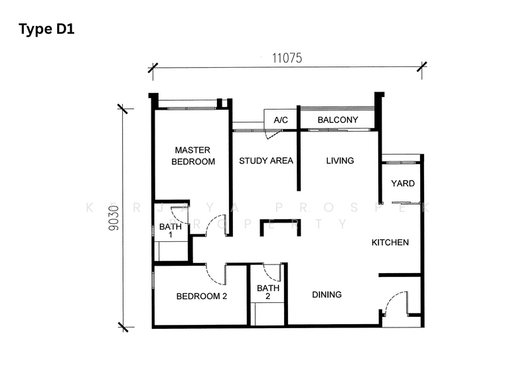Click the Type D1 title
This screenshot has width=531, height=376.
click(x=46, y=29)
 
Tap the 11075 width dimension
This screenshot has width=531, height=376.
click(x=287, y=58)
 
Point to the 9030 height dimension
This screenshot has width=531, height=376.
click(x=114, y=218)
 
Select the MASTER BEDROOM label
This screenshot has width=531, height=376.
click(x=193, y=155)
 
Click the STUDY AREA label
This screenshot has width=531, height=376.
click(x=266, y=161)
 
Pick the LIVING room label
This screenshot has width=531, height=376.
click(x=340, y=161)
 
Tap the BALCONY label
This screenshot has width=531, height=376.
click(x=338, y=120)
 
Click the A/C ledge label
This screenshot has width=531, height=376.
click(x=281, y=120)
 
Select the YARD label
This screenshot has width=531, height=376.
click(x=403, y=183)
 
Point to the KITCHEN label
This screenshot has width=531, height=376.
click(x=390, y=242)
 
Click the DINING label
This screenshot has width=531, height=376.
click(x=327, y=295)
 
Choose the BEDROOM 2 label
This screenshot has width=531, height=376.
click(x=202, y=296)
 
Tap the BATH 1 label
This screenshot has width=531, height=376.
click(x=171, y=231)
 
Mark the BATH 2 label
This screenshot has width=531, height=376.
click(x=268, y=292)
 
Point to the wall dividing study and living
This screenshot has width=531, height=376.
click(x=298, y=148)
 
